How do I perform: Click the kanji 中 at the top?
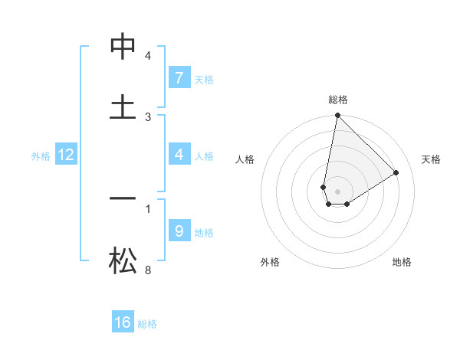coord(123,47)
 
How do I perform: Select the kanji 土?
coord(123,107)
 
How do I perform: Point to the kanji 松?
coord(123,260)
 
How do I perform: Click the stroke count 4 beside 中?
coord(148,56)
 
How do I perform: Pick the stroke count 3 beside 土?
coord(148,116)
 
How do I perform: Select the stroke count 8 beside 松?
coord(148,270)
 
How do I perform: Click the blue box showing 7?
coord(179,77)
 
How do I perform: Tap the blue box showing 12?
coord(66,155)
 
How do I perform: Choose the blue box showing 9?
coord(179,231)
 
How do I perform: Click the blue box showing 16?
coord(123,322)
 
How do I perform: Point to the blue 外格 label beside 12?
coord(41,156)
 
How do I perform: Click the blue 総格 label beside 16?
coord(147,324)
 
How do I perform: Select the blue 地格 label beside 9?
coord(204,232)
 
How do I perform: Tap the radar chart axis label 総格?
coord(338,100)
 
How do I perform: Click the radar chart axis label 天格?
coord(431,159)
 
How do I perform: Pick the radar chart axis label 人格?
coord(245,159)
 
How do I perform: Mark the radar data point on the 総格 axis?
coord(337,116)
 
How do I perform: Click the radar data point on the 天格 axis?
coord(396,172)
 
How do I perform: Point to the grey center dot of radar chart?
coord(338,191)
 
